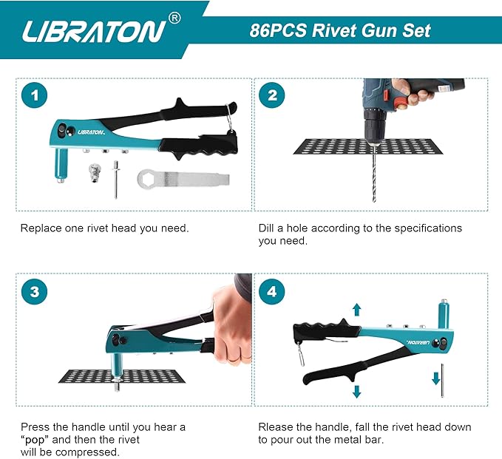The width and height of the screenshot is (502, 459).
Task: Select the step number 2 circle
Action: [x=272, y=95]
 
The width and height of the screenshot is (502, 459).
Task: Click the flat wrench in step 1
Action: [x=182, y=179]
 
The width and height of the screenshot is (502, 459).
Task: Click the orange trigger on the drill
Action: [x=400, y=102]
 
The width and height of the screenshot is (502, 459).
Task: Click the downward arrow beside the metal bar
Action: [x=436, y=379]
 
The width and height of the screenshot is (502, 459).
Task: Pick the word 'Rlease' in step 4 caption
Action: [x=277, y=427]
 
